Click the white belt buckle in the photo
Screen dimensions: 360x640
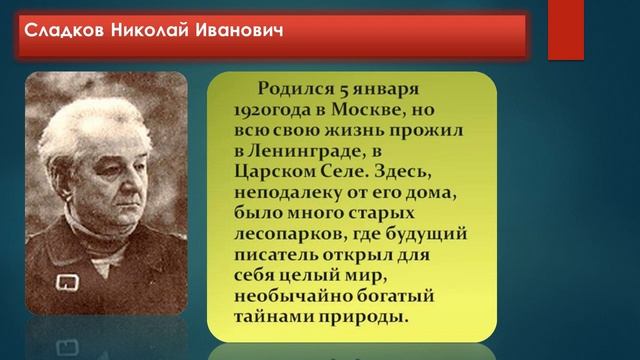(x=70, y=280)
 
